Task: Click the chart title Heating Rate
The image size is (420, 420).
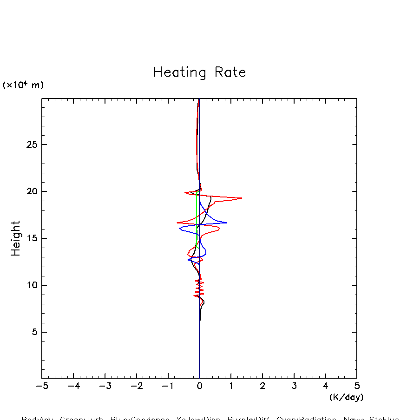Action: point(199,72)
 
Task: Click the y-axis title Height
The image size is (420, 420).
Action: point(16,238)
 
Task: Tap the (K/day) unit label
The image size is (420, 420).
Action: point(346,397)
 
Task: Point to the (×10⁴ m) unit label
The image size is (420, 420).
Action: point(23,85)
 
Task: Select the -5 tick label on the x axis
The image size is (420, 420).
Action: point(42,386)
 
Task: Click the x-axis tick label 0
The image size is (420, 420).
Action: point(199,386)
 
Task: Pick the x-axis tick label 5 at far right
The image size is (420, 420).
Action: point(357,386)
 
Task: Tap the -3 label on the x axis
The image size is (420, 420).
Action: point(105,386)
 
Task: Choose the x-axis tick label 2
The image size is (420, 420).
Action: point(262,386)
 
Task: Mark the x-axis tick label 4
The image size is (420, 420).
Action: point(325,386)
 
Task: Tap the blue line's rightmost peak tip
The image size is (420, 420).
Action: point(226,223)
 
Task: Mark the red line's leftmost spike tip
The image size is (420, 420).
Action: point(177,223)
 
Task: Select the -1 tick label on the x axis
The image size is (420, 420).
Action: point(168,386)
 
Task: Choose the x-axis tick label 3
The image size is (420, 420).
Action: point(294,386)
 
